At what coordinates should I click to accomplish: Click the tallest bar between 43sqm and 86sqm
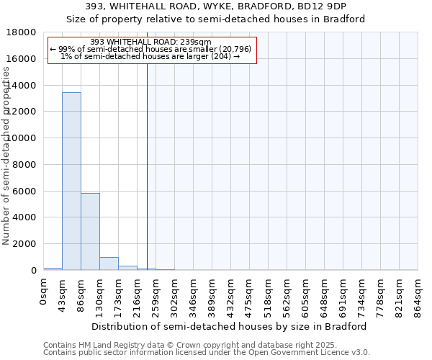coord(71,181)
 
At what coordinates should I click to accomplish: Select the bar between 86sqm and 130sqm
coord(90,231)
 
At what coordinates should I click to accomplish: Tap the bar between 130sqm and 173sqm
coord(109,264)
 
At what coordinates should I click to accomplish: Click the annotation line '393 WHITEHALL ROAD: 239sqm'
coord(151,42)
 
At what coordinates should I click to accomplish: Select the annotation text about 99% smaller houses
coord(150,49)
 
